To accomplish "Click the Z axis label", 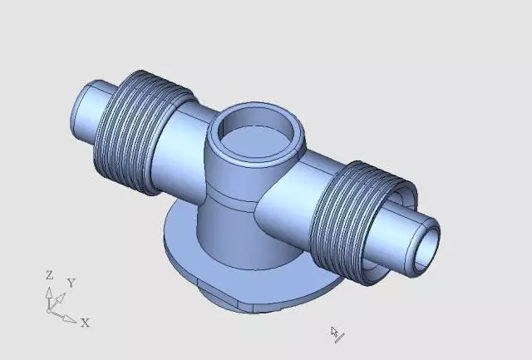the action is pyautogui.click(x=50, y=275).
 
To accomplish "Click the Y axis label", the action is pyautogui.click(x=71, y=283).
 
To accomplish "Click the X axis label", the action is pyautogui.click(x=85, y=323).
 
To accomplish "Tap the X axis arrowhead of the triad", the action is pyautogui.click(x=71, y=319).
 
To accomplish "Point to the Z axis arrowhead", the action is pyautogui.click(x=49, y=293).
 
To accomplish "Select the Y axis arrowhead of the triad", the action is pyautogui.click(x=61, y=298).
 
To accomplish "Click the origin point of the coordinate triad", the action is pyautogui.click(x=49, y=310).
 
